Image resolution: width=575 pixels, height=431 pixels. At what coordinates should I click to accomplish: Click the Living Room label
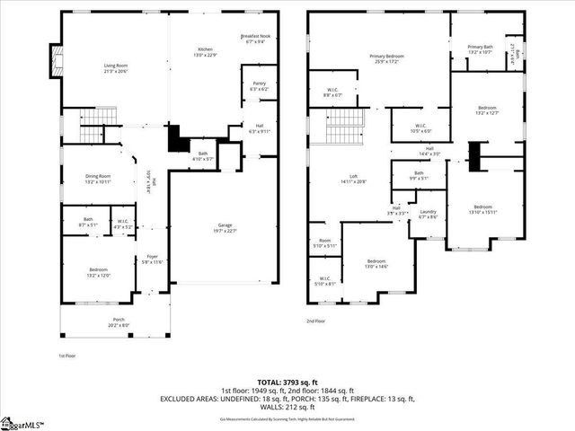(x=116, y=67)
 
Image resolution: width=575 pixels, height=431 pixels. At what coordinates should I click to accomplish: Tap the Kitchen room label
(x=205, y=50)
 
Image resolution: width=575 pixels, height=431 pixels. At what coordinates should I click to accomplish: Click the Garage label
(x=225, y=226)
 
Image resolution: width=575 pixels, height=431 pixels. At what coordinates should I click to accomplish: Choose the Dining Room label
(x=97, y=179)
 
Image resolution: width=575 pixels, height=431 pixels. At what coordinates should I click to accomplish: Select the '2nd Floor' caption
(x=315, y=321)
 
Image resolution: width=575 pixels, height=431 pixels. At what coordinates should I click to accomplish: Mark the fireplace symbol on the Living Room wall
(x=57, y=63)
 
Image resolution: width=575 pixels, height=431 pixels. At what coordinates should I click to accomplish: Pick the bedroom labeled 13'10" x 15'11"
(x=482, y=209)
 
